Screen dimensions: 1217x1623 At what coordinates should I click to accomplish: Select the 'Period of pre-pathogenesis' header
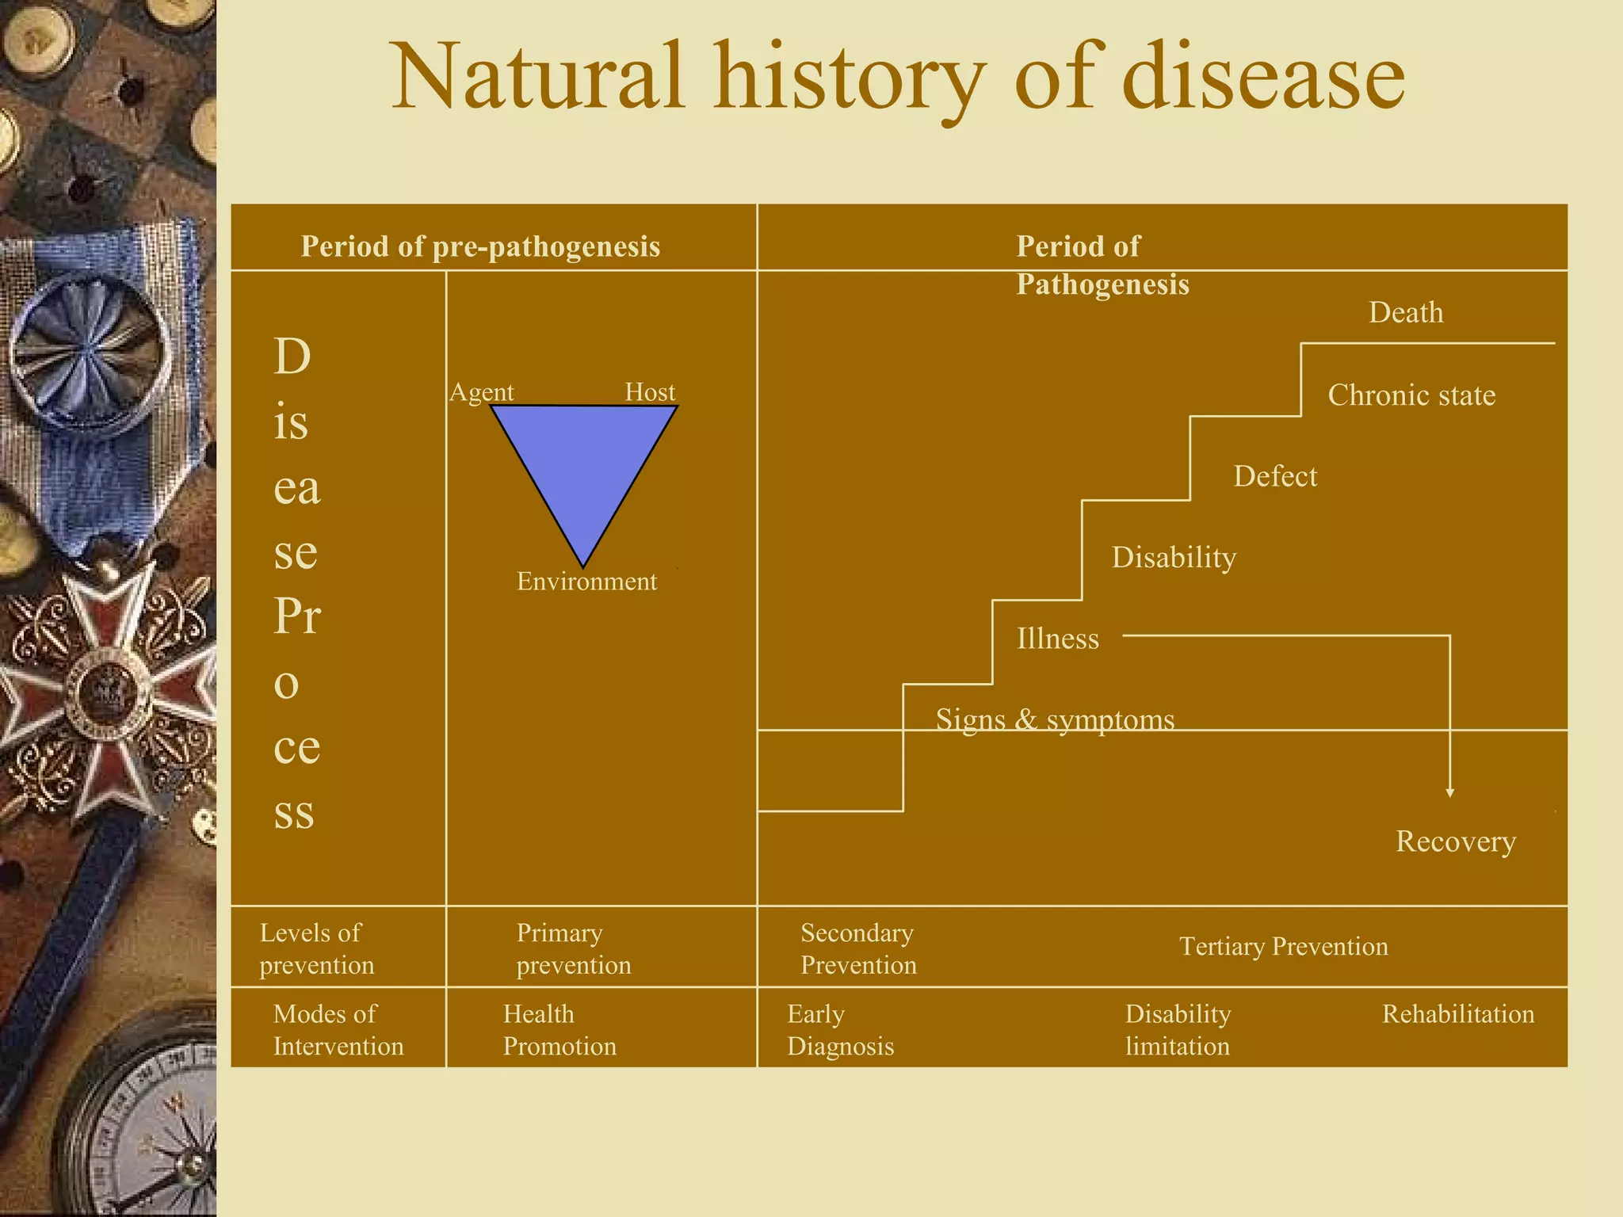(x=480, y=246)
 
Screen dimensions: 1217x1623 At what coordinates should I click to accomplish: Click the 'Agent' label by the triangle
(x=482, y=392)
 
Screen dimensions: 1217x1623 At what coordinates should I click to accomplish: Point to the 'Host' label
(x=650, y=392)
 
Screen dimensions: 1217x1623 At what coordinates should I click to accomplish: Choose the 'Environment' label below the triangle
(x=586, y=582)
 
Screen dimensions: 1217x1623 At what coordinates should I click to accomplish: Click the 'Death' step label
(x=1406, y=313)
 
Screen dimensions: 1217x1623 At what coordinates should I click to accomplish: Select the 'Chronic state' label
(x=1411, y=395)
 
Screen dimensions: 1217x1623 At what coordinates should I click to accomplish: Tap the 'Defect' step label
(x=1275, y=476)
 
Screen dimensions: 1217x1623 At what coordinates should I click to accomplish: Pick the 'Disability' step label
(x=1174, y=558)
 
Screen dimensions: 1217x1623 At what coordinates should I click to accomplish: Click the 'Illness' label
(x=1058, y=639)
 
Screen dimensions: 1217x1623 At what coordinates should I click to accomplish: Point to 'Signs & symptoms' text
(x=1055, y=719)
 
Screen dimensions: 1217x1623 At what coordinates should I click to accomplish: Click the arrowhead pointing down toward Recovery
(x=1449, y=792)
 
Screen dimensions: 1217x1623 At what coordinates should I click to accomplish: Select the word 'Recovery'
(x=1456, y=841)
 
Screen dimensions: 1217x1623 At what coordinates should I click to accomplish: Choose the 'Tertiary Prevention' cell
(x=1283, y=947)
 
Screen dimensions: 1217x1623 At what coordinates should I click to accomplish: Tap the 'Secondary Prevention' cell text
(x=858, y=949)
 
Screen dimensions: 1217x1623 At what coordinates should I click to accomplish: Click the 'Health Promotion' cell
(x=559, y=1030)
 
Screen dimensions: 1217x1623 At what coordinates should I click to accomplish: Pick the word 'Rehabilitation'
(x=1458, y=1014)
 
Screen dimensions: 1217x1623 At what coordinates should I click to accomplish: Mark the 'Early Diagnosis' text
(x=840, y=1030)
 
